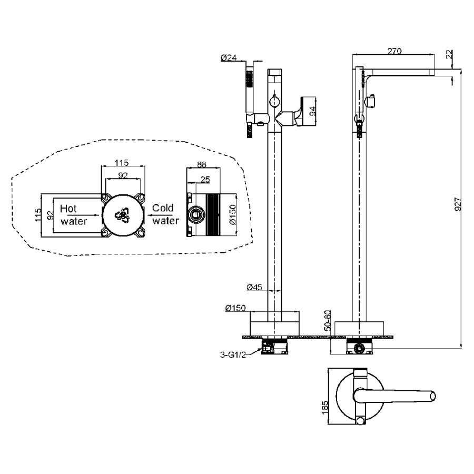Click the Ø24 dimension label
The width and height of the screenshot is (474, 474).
click(229, 57)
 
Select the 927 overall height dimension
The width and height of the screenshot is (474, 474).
click(458, 204)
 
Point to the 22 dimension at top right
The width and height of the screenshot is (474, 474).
click(450, 54)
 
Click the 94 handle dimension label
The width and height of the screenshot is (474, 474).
click(312, 111)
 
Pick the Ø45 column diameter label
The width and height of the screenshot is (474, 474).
click(254, 287)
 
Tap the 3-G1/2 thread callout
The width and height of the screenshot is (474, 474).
click(233, 354)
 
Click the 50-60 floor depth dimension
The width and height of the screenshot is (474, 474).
click(328, 320)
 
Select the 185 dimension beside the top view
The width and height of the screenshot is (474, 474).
click(325, 408)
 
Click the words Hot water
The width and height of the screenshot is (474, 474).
click(73, 215)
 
